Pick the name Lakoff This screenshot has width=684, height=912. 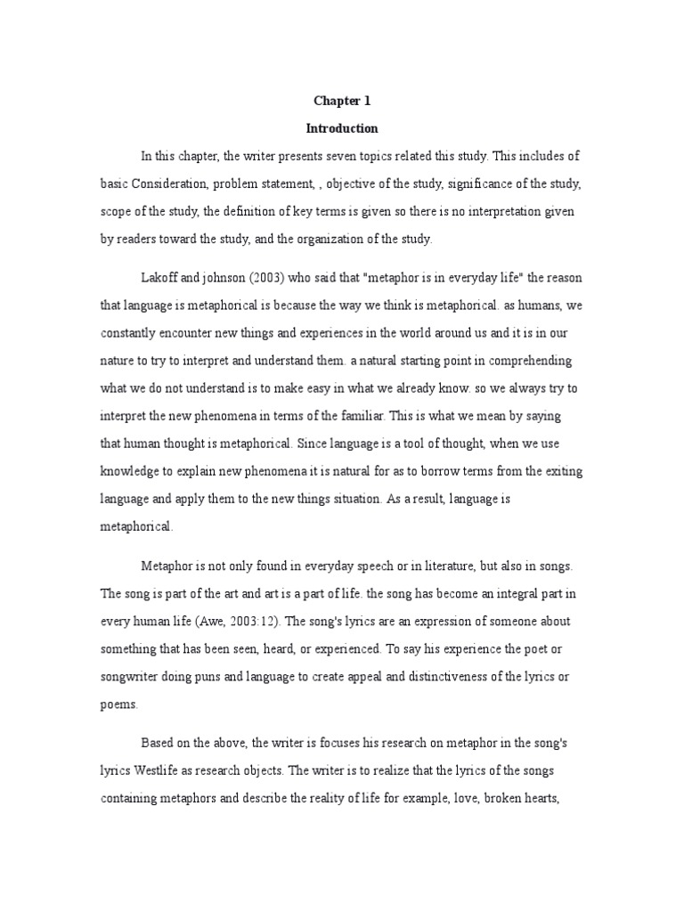coord(162,277)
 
